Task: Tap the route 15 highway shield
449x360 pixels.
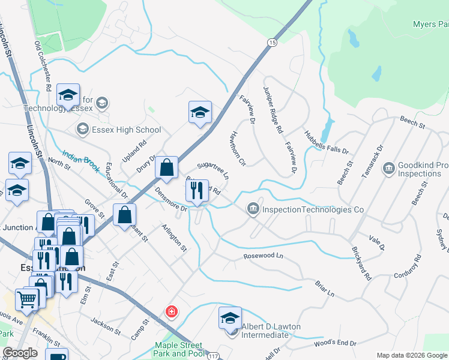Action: coord(273,43)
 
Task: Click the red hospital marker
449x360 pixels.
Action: coord(172,311)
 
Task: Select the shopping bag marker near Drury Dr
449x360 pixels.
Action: coord(167,167)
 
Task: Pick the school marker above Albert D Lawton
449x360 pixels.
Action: coord(230,317)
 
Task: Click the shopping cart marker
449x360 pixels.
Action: coord(27,298)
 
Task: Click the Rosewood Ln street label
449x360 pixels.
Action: coord(263,256)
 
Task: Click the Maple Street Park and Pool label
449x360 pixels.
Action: coord(179,349)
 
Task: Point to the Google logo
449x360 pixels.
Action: coord(20,353)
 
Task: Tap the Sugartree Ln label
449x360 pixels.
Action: coord(213,170)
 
